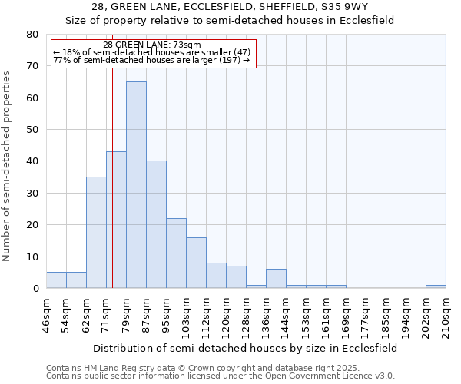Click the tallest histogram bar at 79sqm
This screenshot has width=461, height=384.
(x=136, y=184)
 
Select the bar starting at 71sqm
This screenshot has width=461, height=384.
(x=116, y=220)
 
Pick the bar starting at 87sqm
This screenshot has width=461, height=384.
(x=156, y=224)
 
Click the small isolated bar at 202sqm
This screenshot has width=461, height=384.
(x=436, y=286)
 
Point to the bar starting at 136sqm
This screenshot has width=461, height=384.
(x=276, y=279)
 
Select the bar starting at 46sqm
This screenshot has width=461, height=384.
(x=56, y=280)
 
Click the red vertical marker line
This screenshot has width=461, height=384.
(x=112, y=154)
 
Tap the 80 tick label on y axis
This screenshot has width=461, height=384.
(x=32, y=35)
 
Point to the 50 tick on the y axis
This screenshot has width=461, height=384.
(x=32, y=130)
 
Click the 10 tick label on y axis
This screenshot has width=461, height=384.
(x=32, y=257)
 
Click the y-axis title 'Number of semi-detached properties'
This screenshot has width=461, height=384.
(x=8, y=166)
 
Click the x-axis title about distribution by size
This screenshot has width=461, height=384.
(x=246, y=348)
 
